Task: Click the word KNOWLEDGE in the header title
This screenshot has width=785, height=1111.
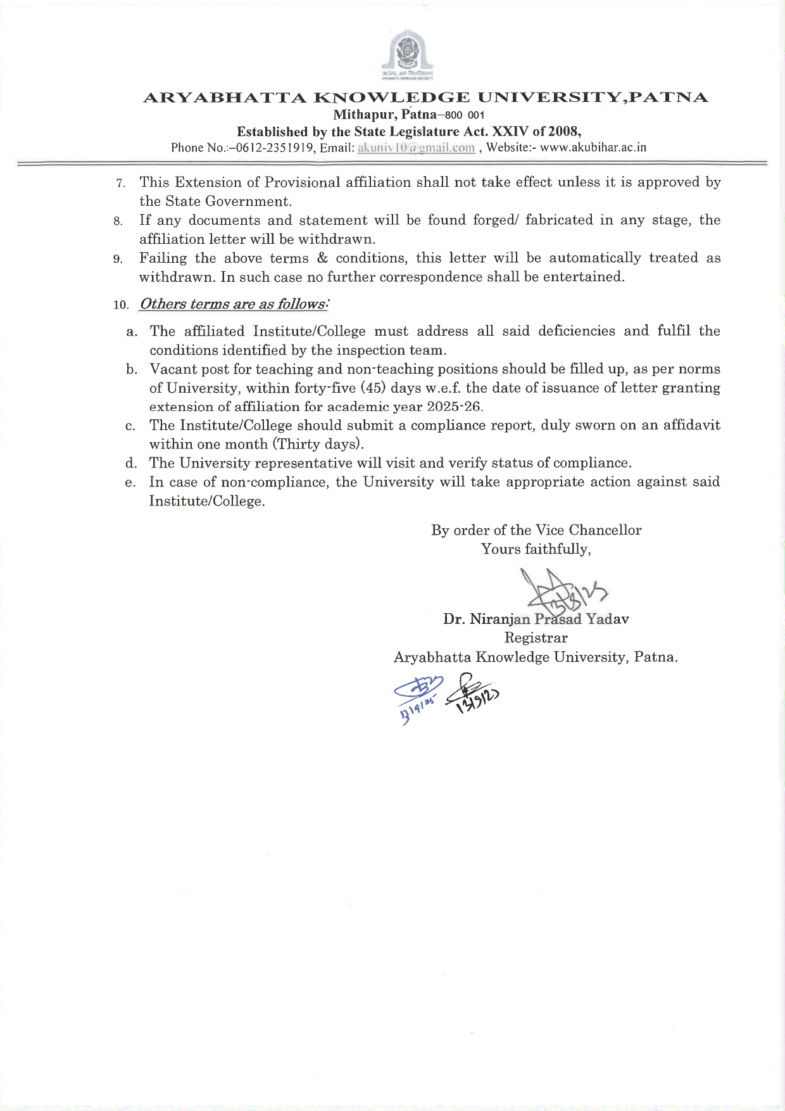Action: [391, 98]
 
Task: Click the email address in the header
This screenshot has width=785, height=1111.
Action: [416, 148]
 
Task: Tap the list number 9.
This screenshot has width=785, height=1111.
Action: [118, 259]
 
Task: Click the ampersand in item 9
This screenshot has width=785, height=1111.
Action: [322, 258]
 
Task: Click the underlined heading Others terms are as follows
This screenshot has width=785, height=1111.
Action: [233, 304]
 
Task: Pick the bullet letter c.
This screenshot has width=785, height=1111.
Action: [130, 426]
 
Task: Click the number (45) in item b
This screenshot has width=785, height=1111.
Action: [372, 388]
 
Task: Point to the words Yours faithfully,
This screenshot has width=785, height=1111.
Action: [536, 549]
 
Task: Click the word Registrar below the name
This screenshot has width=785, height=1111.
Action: [536, 638]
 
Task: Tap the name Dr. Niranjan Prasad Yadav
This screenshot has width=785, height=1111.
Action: [536, 619]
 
